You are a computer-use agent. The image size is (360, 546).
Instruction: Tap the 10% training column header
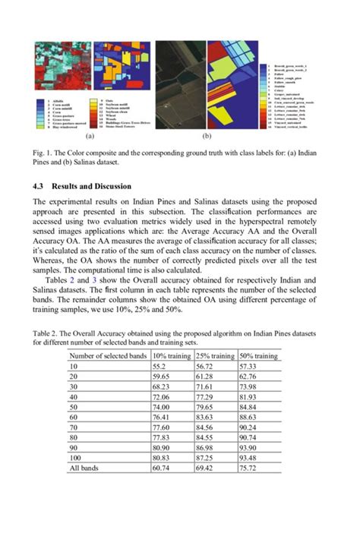[172, 355]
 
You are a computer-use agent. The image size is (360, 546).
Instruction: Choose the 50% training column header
[258, 355]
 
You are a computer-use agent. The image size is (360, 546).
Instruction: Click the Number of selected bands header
[109, 355]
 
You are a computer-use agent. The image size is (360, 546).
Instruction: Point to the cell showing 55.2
[160, 366]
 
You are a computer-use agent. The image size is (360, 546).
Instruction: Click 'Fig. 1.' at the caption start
[44, 153]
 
